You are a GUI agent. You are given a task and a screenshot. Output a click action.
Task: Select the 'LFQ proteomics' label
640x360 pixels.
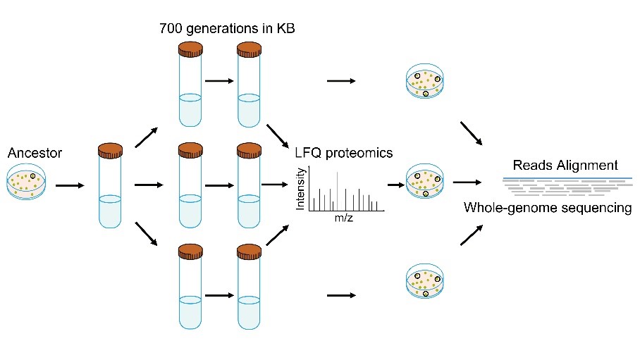pos(344,153)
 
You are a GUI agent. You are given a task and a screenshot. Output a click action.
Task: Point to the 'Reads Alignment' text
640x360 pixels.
pos(565,166)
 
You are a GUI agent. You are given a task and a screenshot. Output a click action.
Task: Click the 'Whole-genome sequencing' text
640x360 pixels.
pos(548,208)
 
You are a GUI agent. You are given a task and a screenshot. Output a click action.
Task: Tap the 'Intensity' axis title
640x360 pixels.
pos(302,189)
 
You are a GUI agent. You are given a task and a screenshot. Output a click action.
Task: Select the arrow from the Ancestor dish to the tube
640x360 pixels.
pos(70,186)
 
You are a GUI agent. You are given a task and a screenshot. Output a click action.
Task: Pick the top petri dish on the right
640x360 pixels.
pos(427,84)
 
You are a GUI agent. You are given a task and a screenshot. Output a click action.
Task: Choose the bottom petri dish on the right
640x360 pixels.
pos(427,282)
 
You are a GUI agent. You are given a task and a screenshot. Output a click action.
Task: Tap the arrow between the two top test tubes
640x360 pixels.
pos(219,80)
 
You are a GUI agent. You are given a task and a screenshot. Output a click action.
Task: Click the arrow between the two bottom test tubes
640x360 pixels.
pos(219,296)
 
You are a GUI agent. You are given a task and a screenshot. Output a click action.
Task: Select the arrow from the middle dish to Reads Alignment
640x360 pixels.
pos(467,182)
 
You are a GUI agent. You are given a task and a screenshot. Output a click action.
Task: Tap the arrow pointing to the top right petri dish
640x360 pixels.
pos(341,81)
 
